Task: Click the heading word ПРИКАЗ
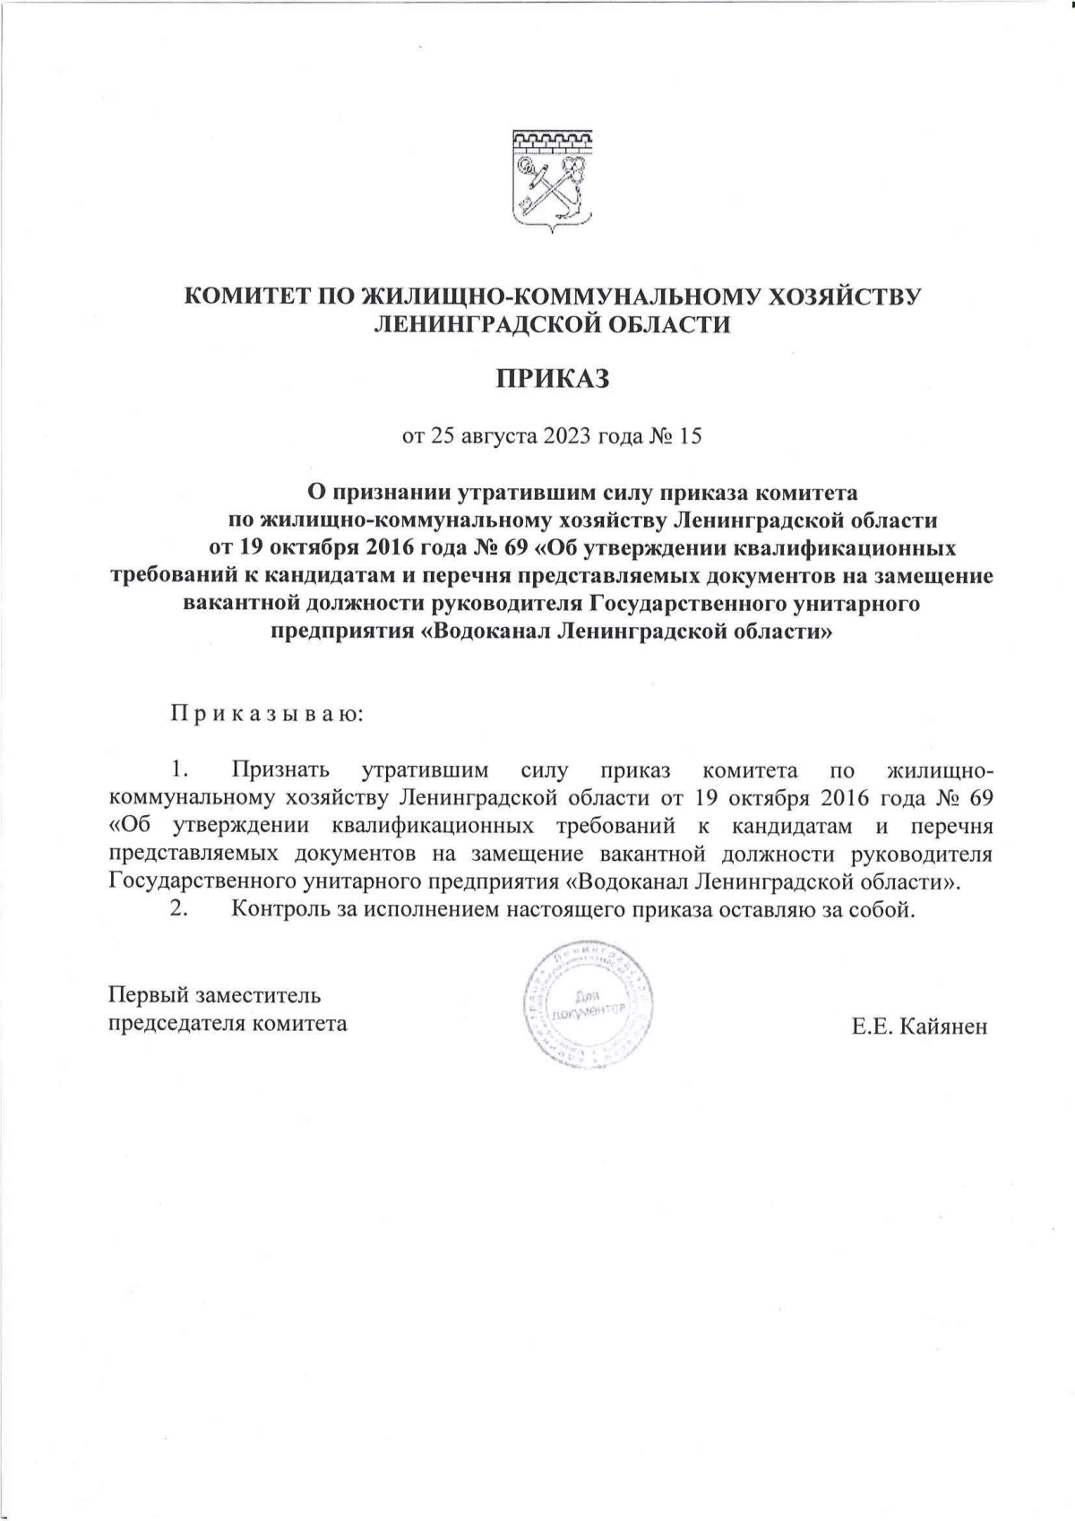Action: click(x=553, y=379)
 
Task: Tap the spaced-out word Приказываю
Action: click(x=266, y=715)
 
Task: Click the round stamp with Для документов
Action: click(x=587, y=1004)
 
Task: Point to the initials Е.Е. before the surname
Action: click(x=870, y=1027)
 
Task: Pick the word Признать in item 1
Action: click(x=280, y=770)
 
